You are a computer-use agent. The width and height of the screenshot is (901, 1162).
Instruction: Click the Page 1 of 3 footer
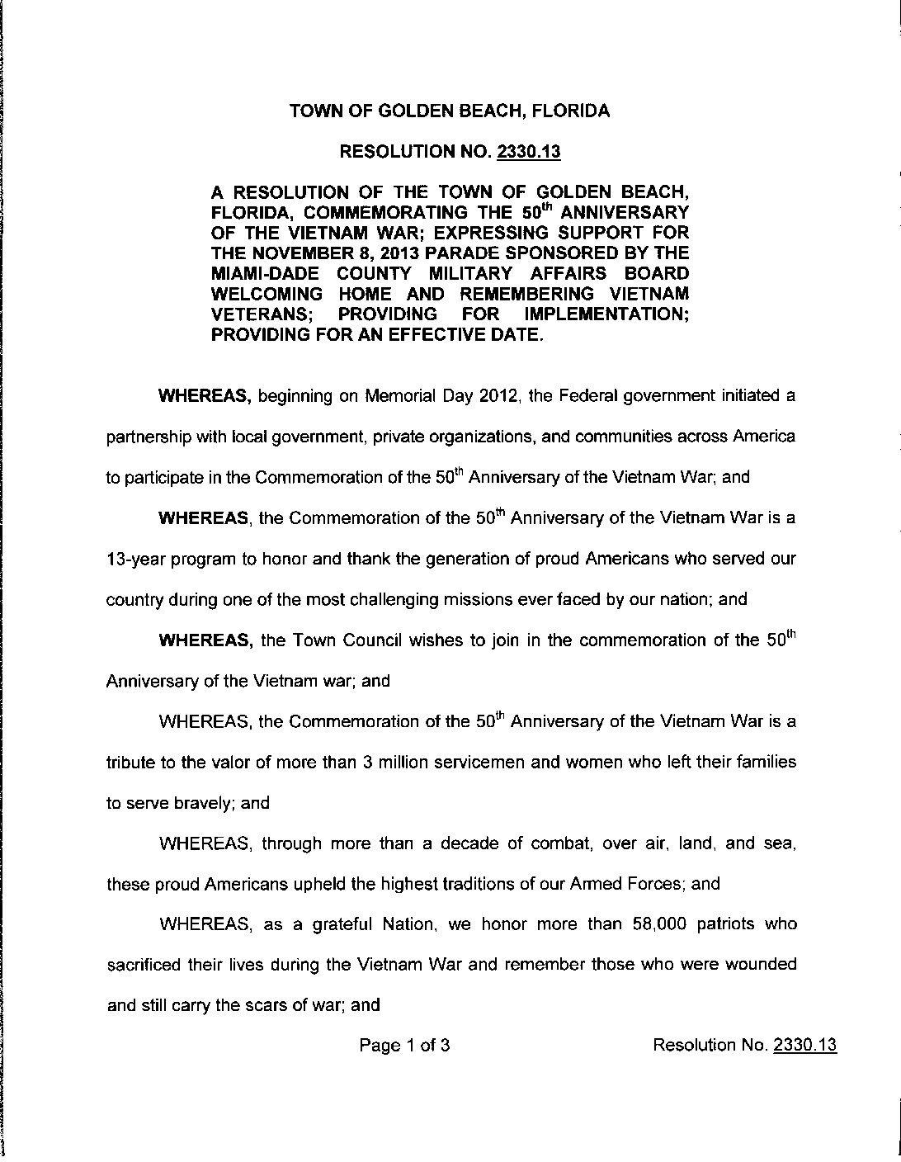point(404,1046)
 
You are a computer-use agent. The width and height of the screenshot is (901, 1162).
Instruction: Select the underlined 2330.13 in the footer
point(804,1046)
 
